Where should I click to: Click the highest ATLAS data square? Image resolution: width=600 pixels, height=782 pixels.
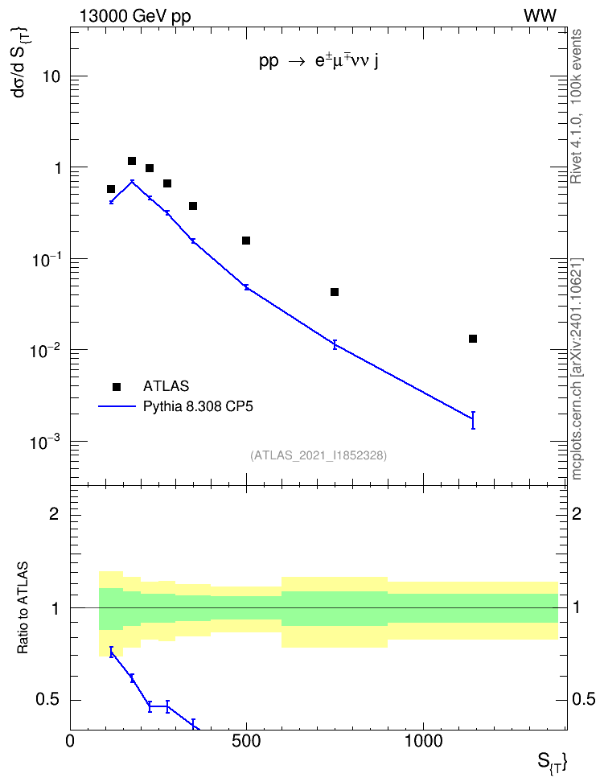pos(132,161)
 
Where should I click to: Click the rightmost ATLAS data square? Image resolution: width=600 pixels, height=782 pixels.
pos(473,339)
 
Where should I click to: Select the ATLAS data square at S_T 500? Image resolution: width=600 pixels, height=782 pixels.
pos(246,241)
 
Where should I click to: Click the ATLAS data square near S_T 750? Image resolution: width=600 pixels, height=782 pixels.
pos(334,292)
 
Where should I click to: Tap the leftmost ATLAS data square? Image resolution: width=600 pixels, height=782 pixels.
pos(111,189)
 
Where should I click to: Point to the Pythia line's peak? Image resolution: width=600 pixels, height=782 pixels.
pos(132,181)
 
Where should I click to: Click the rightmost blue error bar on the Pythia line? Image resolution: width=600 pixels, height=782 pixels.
pos(473,420)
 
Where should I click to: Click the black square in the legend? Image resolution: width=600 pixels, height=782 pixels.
pos(117,386)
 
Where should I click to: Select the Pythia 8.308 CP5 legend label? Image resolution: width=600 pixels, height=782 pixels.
pos(198,406)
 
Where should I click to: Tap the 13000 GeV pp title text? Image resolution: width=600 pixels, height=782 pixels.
pos(135,16)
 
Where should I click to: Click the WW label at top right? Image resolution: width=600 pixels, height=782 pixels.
pos(540,16)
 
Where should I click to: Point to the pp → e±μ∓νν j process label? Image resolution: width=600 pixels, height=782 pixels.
pos(318,62)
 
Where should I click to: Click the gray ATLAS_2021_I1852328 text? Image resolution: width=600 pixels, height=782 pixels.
pos(318,455)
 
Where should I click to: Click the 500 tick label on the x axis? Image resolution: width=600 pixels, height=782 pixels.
pos(246,741)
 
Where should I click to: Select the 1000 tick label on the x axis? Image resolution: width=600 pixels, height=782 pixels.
pos(422,741)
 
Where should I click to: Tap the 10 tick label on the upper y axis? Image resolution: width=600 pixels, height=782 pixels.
pos(51,76)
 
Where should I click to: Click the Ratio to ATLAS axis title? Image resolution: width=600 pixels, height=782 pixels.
pos(23,608)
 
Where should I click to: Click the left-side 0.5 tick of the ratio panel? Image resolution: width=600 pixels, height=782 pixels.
pos(48,700)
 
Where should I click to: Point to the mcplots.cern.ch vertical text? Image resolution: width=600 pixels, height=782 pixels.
pos(577,369)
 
